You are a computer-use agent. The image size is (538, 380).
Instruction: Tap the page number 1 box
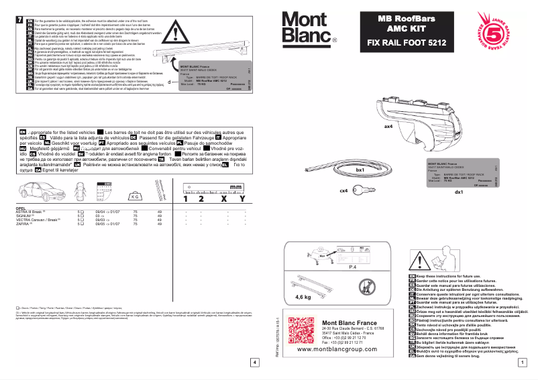point(521,363)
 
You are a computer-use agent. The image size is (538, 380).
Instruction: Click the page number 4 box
point(254,363)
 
